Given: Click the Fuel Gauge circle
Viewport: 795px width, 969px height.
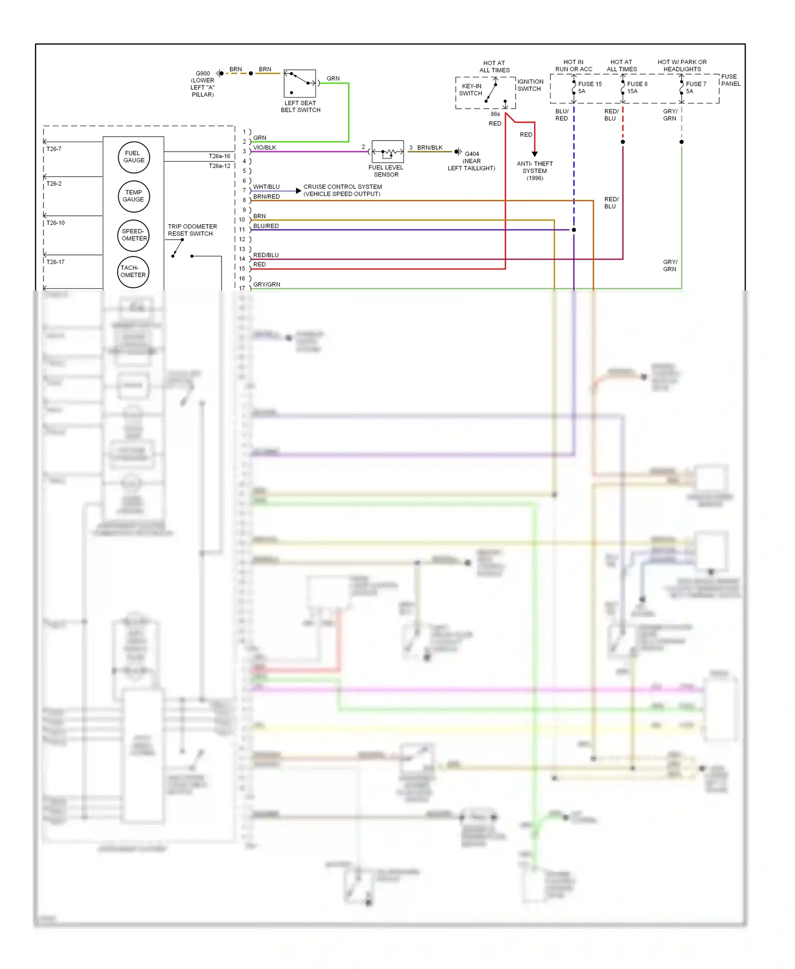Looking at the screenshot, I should (134, 157).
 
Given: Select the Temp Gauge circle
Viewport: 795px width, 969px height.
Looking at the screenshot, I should (134, 196).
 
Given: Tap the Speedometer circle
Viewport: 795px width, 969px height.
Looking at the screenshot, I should (134, 235).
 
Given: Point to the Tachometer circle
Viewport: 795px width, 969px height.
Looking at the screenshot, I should (133, 271).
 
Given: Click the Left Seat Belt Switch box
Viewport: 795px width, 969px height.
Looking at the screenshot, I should (299, 83).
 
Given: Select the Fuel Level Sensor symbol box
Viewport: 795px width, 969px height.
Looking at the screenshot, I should (387, 152).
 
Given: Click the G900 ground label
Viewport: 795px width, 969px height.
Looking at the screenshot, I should (202, 74).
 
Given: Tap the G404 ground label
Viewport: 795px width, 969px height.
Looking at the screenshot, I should (472, 154).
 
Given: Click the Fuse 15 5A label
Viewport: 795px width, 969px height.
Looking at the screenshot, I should (589, 87).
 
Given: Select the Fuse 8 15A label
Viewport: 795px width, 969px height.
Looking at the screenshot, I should (637, 87).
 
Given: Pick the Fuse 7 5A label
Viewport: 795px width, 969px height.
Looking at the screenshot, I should (695, 87).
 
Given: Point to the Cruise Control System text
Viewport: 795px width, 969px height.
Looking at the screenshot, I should (342, 190).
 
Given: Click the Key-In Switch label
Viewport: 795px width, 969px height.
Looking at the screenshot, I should (471, 90).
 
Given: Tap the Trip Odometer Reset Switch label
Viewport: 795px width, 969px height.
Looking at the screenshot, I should (192, 230).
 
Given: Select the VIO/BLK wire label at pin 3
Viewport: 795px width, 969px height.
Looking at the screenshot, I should (264, 148).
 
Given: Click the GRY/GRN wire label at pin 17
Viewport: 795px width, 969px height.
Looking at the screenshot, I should (267, 285).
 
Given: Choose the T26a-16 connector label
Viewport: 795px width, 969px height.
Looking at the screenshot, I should (219, 156).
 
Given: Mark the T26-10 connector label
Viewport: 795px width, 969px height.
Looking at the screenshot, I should (56, 223).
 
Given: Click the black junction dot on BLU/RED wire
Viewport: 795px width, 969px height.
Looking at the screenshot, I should (573, 230).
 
